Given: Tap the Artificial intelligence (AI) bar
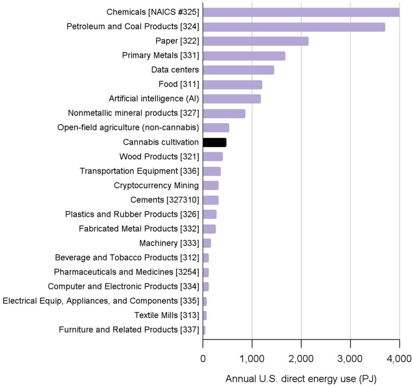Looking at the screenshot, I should pyautogui.click(x=232, y=99).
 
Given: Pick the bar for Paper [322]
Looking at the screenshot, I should pyautogui.click(x=255, y=41).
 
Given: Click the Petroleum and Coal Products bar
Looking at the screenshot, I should pyautogui.click(x=294, y=27).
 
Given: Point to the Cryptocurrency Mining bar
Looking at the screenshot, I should pyautogui.click(x=211, y=186).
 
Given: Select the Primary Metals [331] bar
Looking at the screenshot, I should pyautogui.click(x=244, y=56).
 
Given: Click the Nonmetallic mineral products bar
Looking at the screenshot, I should pyautogui.click(x=224, y=114).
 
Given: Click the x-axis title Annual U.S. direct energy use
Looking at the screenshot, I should pyautogui.click(x=301, y=379).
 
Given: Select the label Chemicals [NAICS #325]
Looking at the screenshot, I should pyautogui.click(x=152, y=12).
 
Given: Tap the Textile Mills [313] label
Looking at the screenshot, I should pyautogui.click(x=167, y=315).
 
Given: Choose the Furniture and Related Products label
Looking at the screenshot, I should pyautogui.click(x=129, y=330).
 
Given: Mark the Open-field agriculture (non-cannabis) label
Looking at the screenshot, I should pyautogui.click(x=128, y=128).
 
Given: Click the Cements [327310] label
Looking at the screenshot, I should pyautogui.click(x=165, y=200).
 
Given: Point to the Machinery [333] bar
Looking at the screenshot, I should pyautogui.click(x=207, y=243).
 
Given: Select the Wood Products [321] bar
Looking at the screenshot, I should pyautogui.click(x=213, y=157).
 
